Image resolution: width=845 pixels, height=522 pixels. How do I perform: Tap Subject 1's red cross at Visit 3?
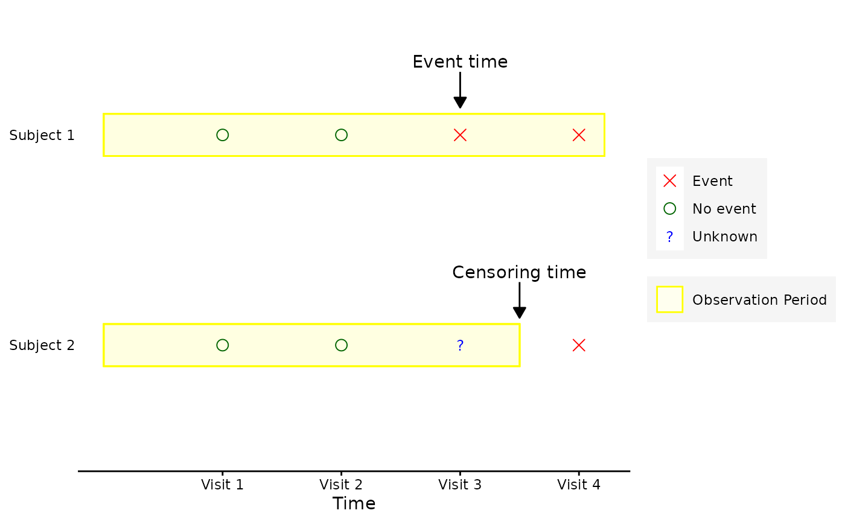[x=460, y=135]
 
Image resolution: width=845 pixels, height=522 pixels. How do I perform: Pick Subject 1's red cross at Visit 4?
[x=579, y=135]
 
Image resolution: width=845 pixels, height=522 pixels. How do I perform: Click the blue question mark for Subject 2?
[x=460, y=345]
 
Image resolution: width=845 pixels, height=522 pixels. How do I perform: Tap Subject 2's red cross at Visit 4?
[x=579, y=345]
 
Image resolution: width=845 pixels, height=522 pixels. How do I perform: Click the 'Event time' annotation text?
[x=460, y=62]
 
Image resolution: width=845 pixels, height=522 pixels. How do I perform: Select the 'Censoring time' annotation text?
[x=520, y=272]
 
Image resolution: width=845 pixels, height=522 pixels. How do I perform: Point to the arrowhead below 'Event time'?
[x=460, y=103]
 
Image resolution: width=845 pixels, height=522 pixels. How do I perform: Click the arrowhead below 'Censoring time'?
[x=520, y=313]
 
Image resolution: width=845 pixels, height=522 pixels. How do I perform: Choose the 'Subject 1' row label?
[x=42, y=135]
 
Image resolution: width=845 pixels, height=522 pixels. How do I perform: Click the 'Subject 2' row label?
[x=42, y=345]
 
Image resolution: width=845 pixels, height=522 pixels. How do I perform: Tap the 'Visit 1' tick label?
[x=222, y=485]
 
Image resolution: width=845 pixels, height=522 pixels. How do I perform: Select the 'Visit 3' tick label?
[x=460, y=485]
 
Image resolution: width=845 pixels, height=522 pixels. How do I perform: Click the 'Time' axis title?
[x=354, y=504]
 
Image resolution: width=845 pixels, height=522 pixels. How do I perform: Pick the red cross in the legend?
[x=670, y=181]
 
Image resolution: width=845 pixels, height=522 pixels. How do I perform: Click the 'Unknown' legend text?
[x=725, y=237]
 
